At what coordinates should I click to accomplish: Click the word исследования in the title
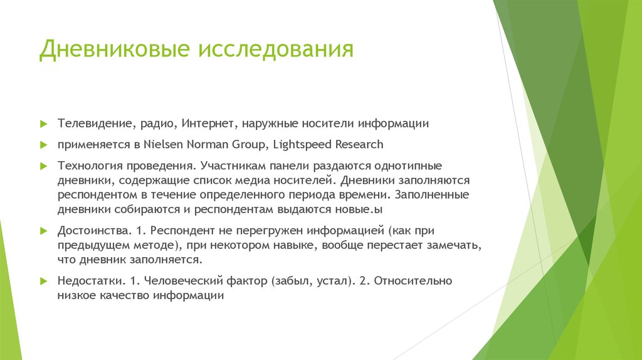[276, 50]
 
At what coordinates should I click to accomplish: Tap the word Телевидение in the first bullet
[94, 124]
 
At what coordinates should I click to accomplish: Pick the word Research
[359, 144]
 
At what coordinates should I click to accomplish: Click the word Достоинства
[93, 231]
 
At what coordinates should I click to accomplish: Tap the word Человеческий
[186, 281]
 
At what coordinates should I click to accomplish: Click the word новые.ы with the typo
[367, 209]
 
